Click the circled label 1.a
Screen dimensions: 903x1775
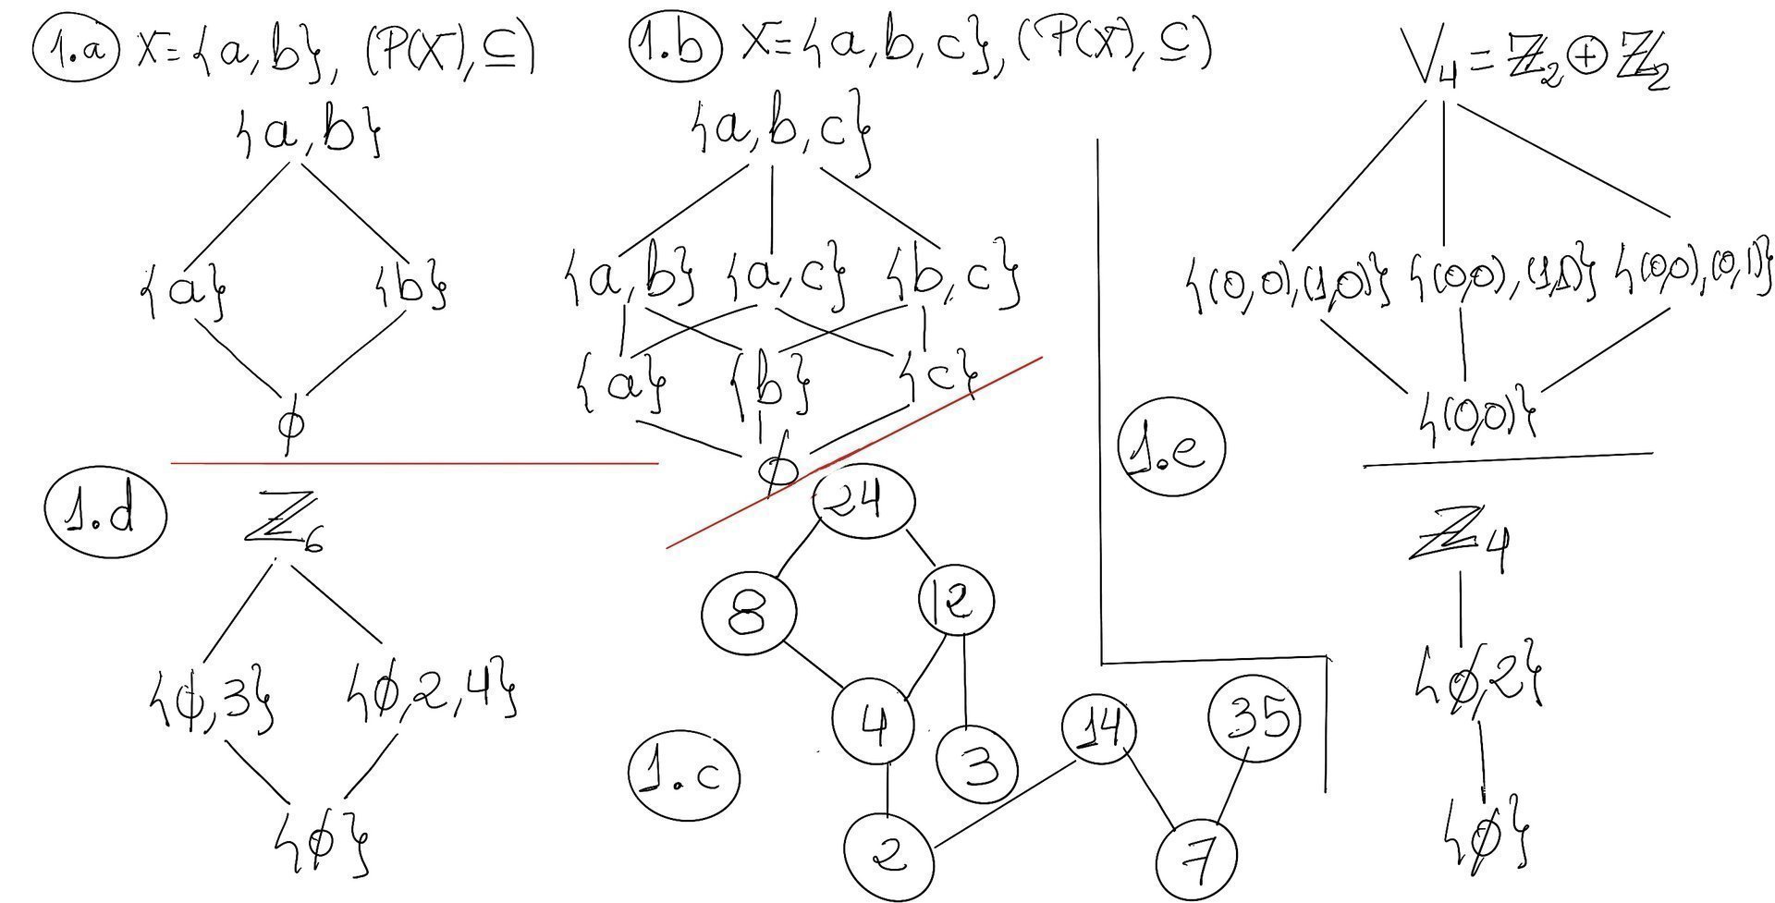pyautogui.click(x=78, y=48)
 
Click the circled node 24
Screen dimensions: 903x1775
pyautogui.click(x=864, y=501)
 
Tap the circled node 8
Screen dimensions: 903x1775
pyautogui.click(x=749, y=614)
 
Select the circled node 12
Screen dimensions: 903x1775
pyautogui.click(x=957, y=601)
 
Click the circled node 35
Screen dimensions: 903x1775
pyautogui.click(x=1254, y=717)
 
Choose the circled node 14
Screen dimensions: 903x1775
pyautogui.click(x=1099, y=730)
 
